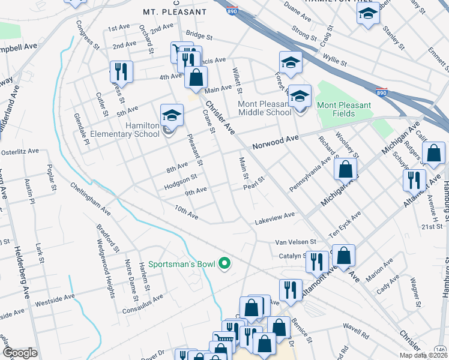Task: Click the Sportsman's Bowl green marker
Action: pos(224,263)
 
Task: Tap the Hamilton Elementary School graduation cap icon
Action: pos(171,115)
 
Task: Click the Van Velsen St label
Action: pos(295,242)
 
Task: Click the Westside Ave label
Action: pos(54,297)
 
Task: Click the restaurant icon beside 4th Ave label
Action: pos(121,71)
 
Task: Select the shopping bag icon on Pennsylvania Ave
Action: pos(346,169)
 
